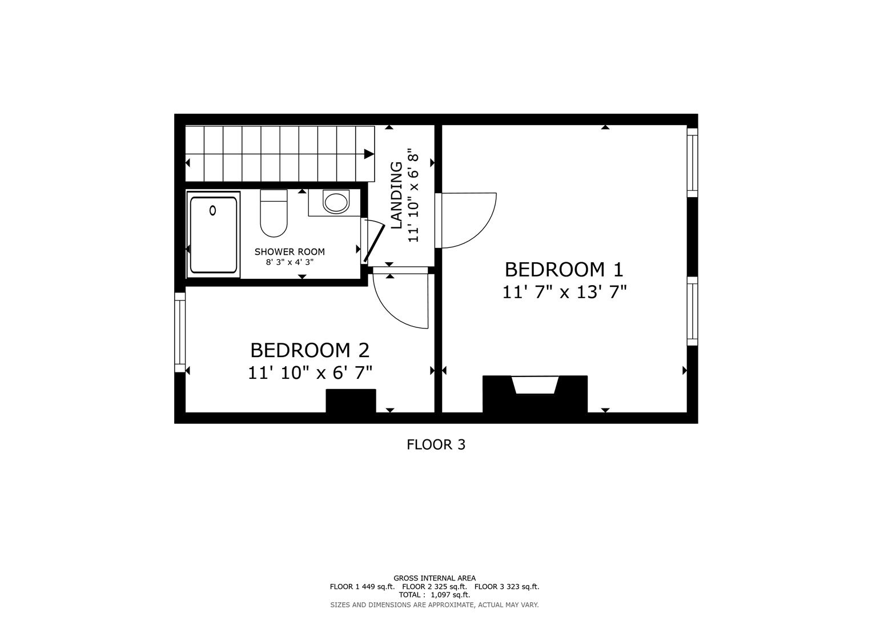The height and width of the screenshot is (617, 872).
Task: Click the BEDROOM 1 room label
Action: point(564,269)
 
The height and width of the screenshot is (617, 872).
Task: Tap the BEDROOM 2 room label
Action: point(310,350)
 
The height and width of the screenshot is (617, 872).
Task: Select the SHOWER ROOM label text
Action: point(290,251)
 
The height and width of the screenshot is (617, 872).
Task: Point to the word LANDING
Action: point(396,195)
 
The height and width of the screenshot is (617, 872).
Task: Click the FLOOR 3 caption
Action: point(436,444)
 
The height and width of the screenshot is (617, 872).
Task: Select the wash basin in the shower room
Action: point(336,202)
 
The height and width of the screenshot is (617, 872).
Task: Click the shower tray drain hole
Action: point(213,210)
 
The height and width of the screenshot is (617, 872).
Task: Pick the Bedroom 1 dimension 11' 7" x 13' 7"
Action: point(564,293)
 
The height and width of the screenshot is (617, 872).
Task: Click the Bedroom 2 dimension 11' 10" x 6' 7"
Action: point(310,373)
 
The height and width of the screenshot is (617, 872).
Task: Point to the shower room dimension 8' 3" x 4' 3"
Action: point(290,262)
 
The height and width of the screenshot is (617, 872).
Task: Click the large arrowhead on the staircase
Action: point(369,153)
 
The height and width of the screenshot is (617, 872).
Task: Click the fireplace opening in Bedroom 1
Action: point(535,385)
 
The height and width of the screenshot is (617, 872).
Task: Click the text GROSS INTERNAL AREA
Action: point(434,578)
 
